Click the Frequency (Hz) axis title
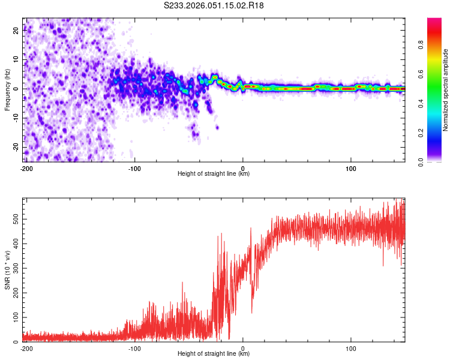[x=7, y=90]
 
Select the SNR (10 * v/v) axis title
[x=7, y=269]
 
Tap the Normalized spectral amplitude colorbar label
[x=445, y=90]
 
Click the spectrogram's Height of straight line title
[x=214, y=174]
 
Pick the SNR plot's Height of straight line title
[x=214, y=354]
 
